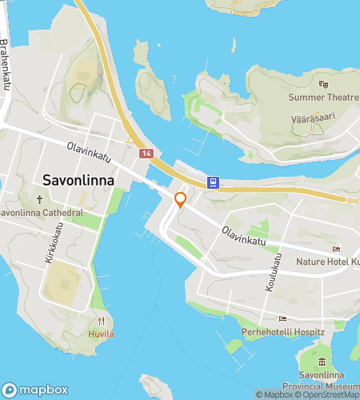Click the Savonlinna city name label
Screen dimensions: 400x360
click(78, 180)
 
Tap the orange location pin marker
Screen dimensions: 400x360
click(181, 200)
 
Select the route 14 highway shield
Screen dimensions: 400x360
click(145, 153)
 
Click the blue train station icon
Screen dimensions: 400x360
click(213, 182)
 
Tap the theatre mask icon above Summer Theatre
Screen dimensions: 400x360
click(324, 83)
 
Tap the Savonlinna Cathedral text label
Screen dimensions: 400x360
click(42, 214)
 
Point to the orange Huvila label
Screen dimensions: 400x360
click(101, 333)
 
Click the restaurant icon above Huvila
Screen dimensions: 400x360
click(102, 320)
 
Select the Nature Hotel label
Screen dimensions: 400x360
click(328, 262)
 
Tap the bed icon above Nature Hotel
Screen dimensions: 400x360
click(337, 249)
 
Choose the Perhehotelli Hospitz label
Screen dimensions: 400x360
click(282, 331)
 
